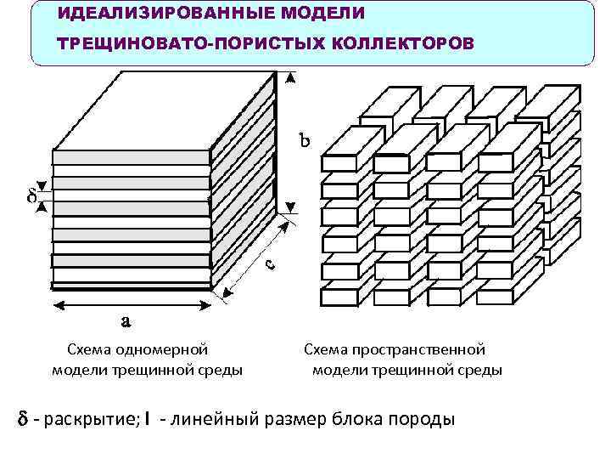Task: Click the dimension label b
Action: tap(304, 139)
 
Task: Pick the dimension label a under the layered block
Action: tap(125, 320)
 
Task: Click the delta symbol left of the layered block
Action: tap(31, 196)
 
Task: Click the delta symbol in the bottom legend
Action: tap(23, 419)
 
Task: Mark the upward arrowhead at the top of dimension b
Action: tap(290, 78)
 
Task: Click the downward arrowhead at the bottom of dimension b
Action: tap(290, 207)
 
